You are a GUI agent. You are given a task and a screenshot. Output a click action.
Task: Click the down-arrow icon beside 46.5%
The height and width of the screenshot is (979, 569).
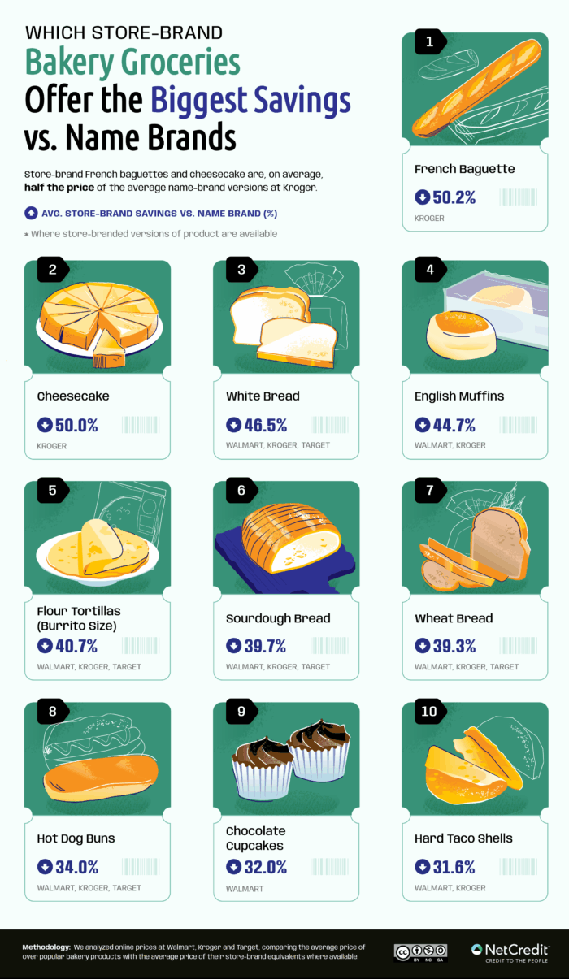pyautogui.click(x=232, y=425)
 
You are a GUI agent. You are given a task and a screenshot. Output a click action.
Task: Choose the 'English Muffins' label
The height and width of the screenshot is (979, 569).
pyautogui.click(x=459, y=396)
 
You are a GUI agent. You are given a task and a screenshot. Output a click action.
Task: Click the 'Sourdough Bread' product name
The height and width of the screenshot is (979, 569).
pyautogui.click(x=278, y=618)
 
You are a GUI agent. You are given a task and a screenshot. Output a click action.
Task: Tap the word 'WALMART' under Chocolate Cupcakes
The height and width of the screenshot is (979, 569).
pyautogui.click(x=245, y=889)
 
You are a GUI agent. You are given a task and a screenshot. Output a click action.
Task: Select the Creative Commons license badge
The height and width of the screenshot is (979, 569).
pyautogui.click(x=421, y=953)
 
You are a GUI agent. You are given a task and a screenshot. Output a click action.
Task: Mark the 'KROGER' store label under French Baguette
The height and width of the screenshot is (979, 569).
pyautogui.click(x=429, y=219)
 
